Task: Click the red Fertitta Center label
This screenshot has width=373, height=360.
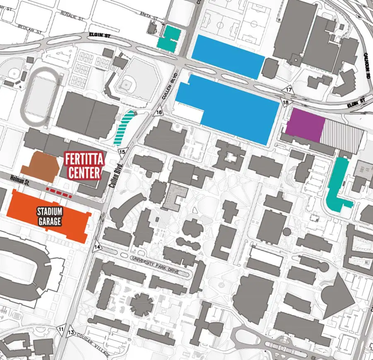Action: tap(82, 166)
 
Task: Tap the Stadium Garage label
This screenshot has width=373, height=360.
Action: tap(49, 216)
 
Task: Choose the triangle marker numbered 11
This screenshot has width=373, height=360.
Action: tap(61, 329)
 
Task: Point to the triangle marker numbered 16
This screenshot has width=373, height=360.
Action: tap(159, 112)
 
